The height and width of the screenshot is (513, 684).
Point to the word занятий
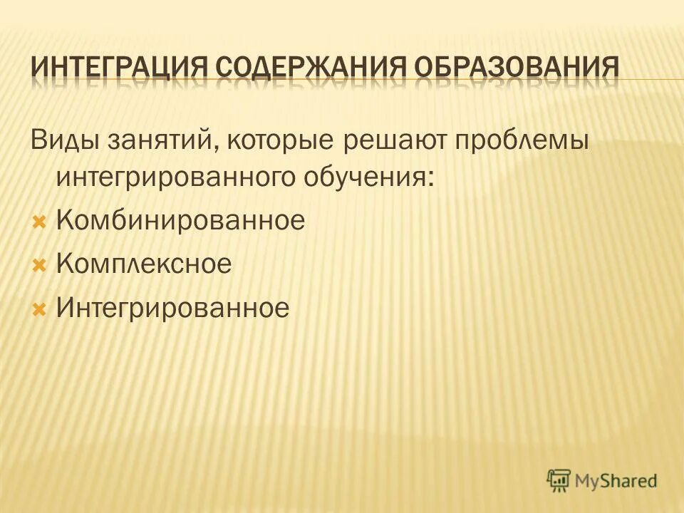[x=161, y=140]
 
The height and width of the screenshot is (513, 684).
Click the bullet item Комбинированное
[x=180, y=220]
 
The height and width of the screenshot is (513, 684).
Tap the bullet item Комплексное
[x=143, y=264]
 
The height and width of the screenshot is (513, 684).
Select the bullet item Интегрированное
[x=173, y=309]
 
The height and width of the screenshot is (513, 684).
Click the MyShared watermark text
[x=617, y=481]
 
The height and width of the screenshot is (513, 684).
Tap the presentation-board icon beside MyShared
[x=559, y=480]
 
